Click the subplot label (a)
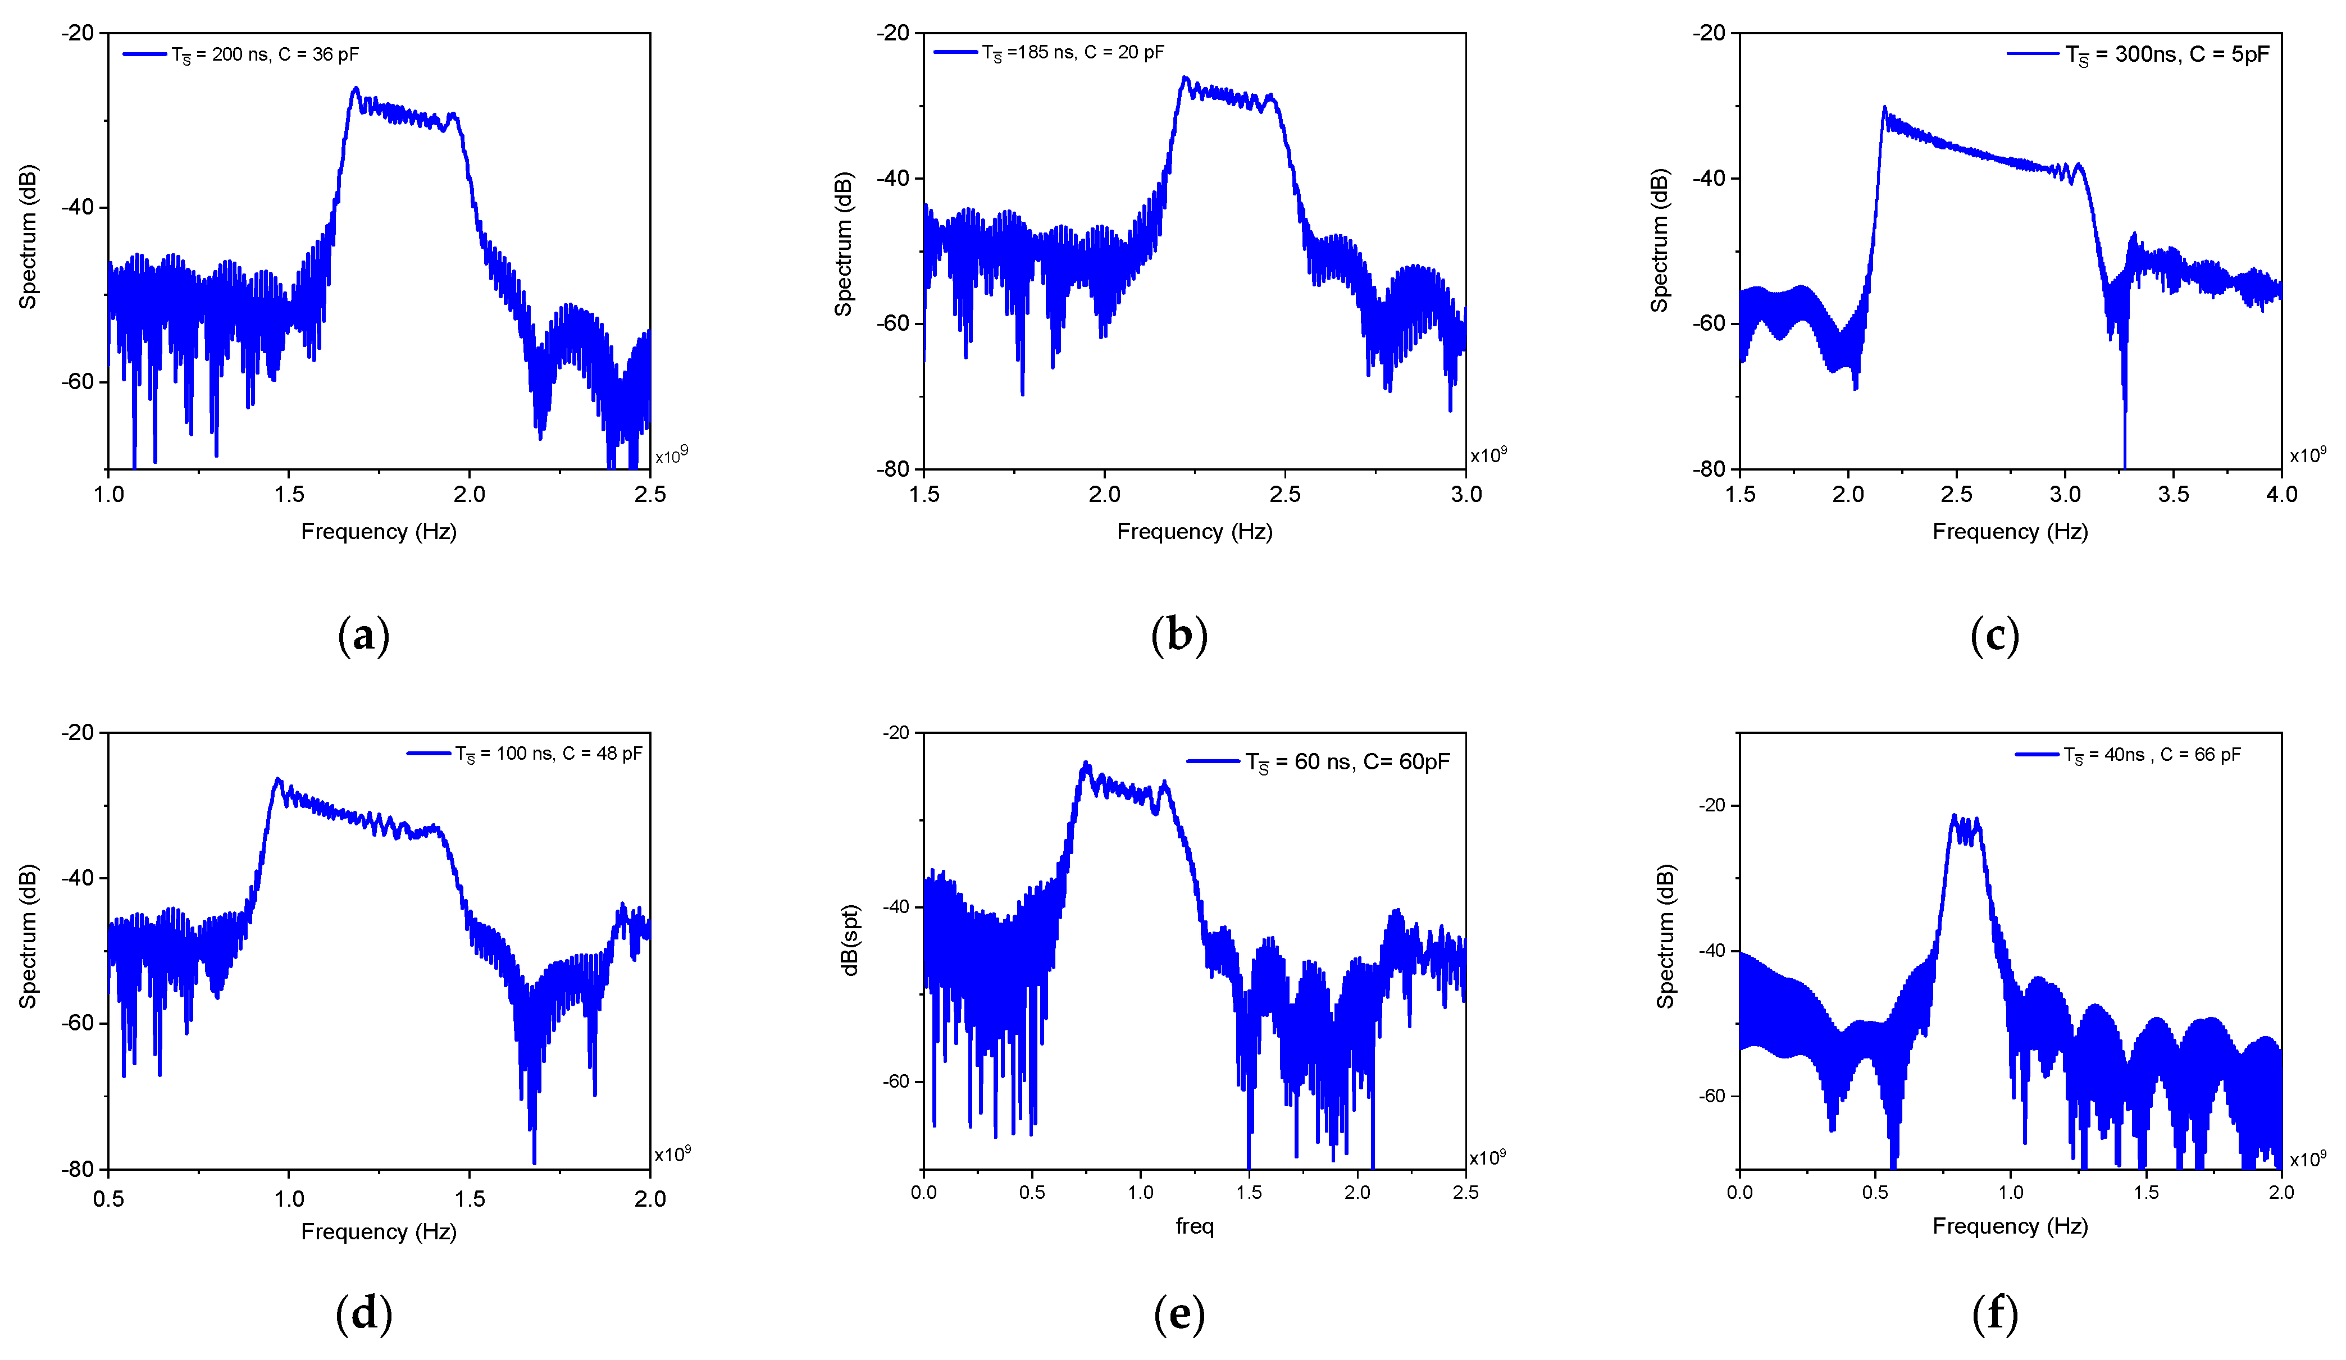[x=363, y=636]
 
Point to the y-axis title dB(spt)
[x=849, y=940]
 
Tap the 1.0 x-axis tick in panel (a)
[x=109, y=494]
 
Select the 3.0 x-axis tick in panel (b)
[x=1466, y=494]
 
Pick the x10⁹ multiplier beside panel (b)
[x=1488, y=455]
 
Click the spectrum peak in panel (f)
[x=1954, y=815]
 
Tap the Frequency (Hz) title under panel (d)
[x=379, y=1231]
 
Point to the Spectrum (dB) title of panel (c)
[x=1659, y=240]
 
